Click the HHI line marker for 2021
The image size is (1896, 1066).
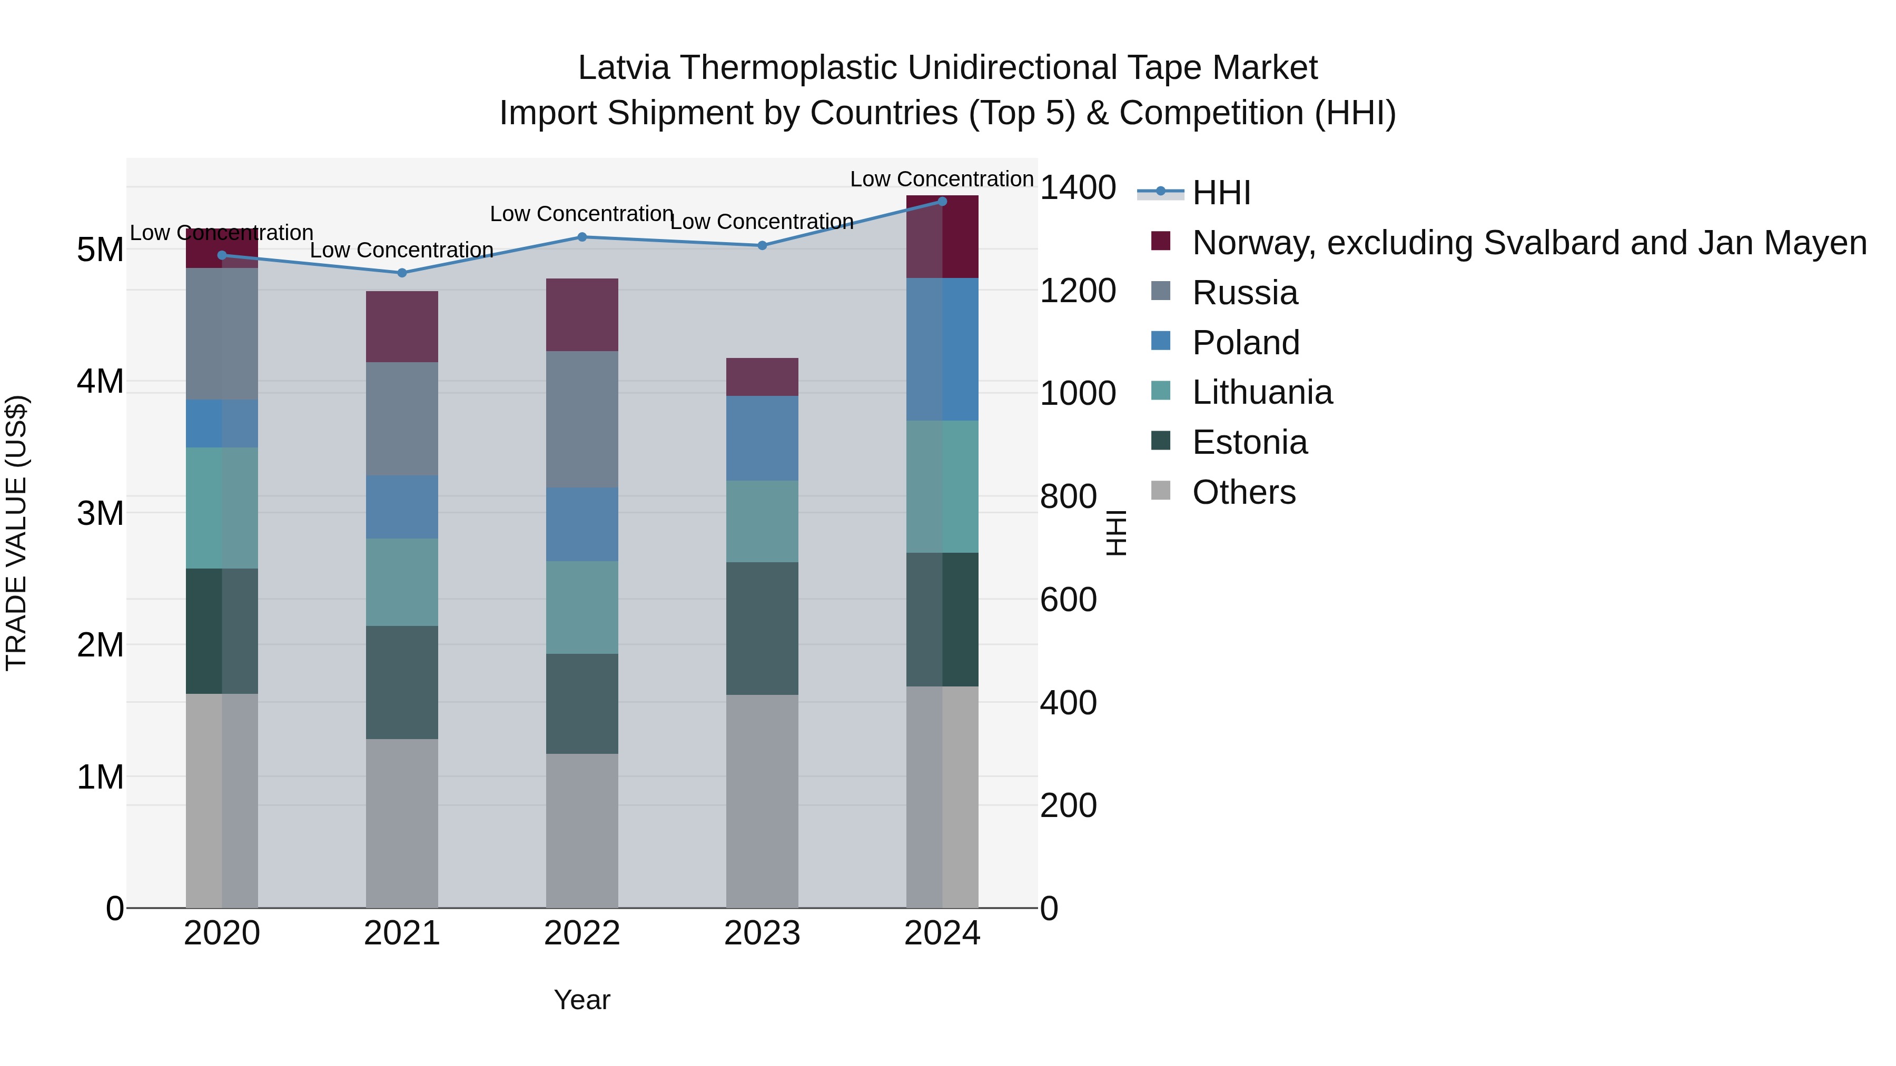pos(402,273)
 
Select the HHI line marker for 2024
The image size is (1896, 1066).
pos(942,202)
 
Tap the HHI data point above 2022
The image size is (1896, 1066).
pos(582,237)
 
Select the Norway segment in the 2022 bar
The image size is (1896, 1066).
pos(582,315)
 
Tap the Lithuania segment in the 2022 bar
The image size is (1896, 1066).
pos(582,607)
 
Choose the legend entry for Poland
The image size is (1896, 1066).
pos(1246,343)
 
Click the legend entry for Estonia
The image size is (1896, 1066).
pos(1249,443)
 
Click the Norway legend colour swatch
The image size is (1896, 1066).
pos(1161,241)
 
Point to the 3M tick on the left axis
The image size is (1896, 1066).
pos(100,513)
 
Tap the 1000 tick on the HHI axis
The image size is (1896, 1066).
pos(1078,394)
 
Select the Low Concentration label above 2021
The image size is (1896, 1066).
pos(402,250)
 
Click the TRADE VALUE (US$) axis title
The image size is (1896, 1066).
pos(16,533)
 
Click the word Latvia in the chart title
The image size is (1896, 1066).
pos(624,68)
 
